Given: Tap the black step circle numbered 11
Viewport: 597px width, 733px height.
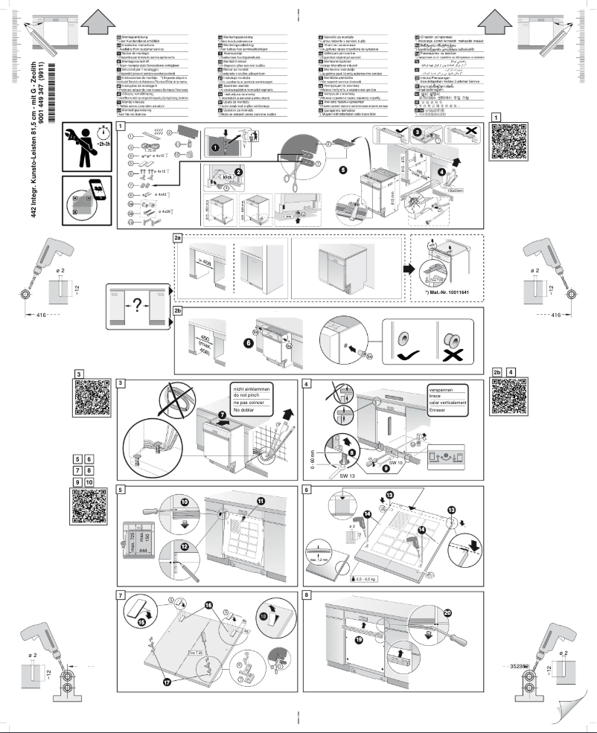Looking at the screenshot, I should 261,501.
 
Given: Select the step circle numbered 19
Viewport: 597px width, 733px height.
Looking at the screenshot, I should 360,639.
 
